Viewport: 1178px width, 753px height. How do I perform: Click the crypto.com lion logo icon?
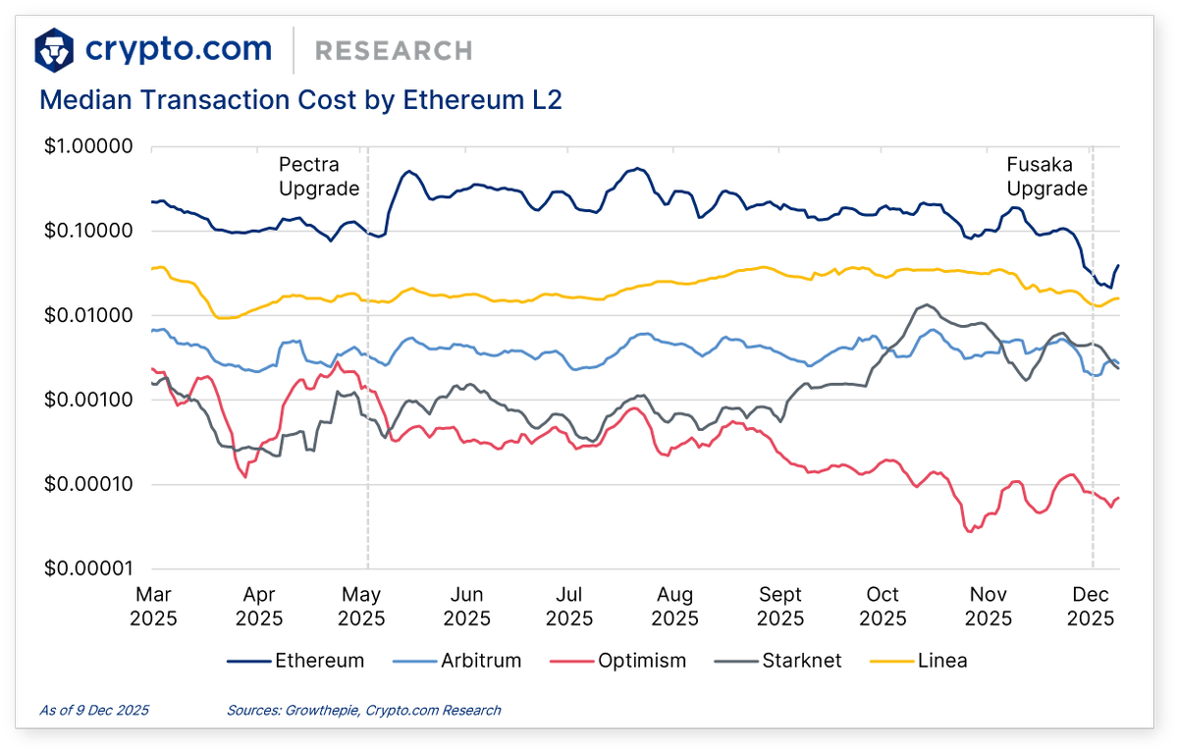coord(55,49)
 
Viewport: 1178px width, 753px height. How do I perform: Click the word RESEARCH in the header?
coord(394,50)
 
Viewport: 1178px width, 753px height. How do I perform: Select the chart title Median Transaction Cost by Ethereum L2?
coord(300,100)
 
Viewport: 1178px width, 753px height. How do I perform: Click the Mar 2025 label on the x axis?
coord(155,607)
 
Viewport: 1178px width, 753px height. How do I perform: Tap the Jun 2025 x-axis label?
coord(466,607)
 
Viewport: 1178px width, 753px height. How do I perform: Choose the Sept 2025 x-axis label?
coord(780,607)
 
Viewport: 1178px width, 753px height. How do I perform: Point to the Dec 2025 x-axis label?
coord(1091,607)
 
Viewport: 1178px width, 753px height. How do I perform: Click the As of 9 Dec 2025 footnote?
coord(94,710)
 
